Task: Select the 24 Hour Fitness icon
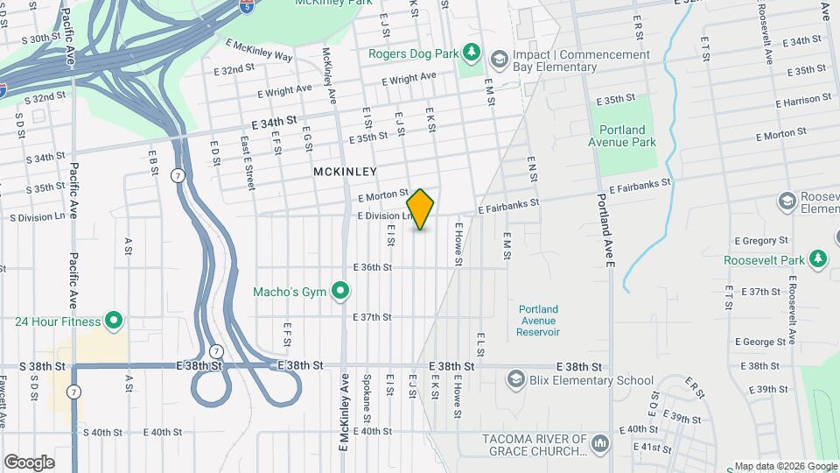pos(114,321)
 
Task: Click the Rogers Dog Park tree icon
pos(472,53)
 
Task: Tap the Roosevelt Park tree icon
pos(818,259)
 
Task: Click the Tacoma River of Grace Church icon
pos(599,444)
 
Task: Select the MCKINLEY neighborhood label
pos(345,173)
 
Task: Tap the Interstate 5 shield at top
pos(248,7)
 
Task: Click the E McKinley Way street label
pos(258,49)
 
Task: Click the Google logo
pos(29,462)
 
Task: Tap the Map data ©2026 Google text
pos(785,466)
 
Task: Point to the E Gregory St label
pos(761,240)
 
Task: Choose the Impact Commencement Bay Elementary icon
pos(500,60)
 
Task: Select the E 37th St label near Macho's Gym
pos(371,317)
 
